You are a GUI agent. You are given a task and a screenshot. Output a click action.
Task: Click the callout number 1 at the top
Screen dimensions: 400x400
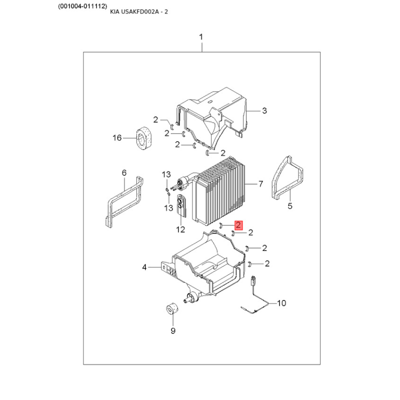[201, 37]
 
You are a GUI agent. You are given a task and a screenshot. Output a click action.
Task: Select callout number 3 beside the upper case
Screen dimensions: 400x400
[265, 111]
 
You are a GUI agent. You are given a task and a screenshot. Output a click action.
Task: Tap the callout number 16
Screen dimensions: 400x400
[117, 137]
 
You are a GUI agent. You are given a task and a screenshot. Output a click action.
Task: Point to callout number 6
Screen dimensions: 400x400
[124, 173]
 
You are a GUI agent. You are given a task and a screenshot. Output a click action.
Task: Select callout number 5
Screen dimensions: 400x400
[289, 205]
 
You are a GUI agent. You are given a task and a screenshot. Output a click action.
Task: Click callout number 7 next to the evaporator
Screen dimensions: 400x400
[260, 184]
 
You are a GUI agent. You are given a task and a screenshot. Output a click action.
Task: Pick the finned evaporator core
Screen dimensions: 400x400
[222, 190]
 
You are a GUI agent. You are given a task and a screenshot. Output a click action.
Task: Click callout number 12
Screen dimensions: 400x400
[180, 229]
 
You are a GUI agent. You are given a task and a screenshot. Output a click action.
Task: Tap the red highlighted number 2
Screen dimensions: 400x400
[238, 225]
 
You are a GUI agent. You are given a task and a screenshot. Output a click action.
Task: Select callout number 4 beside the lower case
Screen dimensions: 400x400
[144, 267]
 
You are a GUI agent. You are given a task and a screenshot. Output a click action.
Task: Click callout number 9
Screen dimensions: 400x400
[173, 330]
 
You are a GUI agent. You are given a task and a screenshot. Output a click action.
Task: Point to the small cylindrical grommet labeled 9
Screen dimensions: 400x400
[172, 309]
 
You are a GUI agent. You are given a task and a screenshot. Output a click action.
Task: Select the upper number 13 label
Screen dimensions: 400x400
[166, 174]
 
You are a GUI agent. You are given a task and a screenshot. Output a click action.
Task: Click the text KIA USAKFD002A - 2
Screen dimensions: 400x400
[139, 11]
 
